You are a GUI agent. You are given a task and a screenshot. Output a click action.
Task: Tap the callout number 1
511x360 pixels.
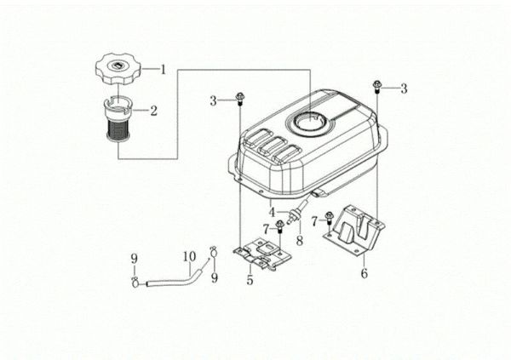coord(164,67)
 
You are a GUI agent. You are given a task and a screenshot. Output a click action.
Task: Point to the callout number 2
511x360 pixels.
coord(154,110)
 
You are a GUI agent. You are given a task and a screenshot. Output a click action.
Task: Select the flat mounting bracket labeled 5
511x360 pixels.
coord(258,253)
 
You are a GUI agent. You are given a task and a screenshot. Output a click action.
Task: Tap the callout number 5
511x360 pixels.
coord(250,278)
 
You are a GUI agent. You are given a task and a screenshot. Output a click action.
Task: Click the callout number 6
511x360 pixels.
coord(364,273)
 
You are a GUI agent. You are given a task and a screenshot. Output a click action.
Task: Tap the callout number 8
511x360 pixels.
coord(299,242)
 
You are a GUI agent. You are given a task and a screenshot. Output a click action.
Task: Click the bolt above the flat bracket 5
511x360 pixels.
coord(279,226)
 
